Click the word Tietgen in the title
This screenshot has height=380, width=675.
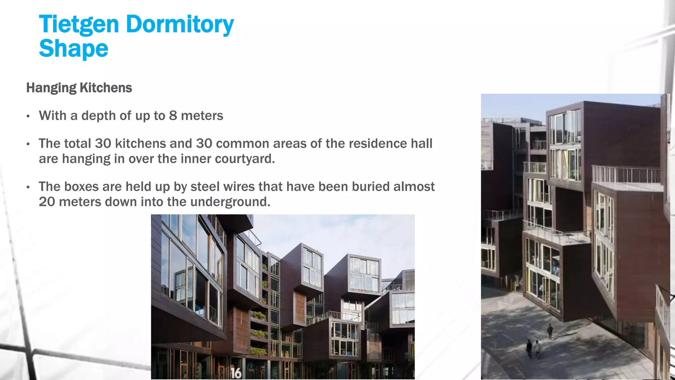[79, 24]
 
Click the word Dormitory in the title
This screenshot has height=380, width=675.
[180, 24]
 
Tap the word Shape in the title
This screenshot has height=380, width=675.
[73, 48]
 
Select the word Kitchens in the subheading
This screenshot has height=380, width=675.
[106, 88]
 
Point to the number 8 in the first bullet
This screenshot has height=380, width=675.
[173, 116]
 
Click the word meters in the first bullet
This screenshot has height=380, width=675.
[202, 116]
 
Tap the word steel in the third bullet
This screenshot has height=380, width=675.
[207, 187]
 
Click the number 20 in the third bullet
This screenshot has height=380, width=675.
[47, 202]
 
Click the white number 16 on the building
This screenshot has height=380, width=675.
[236, 373]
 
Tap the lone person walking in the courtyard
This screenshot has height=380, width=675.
[550, 331]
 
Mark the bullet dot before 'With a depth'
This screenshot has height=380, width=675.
[28, 116]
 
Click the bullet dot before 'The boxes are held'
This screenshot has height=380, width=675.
[28, 187]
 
